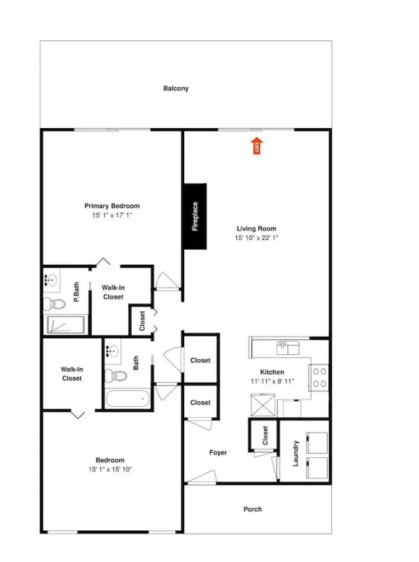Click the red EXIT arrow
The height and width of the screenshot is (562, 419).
[x=257, y=146]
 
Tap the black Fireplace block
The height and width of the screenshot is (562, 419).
[x=195, y=216]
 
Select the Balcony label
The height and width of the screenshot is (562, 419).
[x=175, y=88]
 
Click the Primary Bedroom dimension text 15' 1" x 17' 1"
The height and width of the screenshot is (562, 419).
[x=112, y=215]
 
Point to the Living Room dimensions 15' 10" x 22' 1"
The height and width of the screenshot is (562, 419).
[x=257, y=238]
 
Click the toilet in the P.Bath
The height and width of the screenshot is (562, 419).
[x=54, y=304]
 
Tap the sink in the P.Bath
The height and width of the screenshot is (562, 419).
[x=52, y=280]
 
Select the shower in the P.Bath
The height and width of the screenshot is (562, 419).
[x=65, y=325]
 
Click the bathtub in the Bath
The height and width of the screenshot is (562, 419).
[x=128, y=398]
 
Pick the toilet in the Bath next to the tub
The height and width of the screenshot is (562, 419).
[x=116, y=376]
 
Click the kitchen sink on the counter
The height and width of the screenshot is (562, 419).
[x=288, y=348]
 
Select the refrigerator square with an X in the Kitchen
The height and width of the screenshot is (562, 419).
[x=263, y=405]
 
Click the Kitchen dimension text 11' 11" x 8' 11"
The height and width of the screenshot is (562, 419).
[x=272, y=381]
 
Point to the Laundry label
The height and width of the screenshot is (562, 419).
[x=295, y=454]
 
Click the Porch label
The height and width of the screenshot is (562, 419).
[x=252, y=509]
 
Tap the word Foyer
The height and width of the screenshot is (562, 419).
[x=218, y=453]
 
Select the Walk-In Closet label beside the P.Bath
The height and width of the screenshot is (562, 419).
[x=113, y=292]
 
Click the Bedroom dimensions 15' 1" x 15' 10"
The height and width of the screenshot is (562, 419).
[x=110, y=470]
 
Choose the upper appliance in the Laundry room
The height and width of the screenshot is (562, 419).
[x=317, y=443]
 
